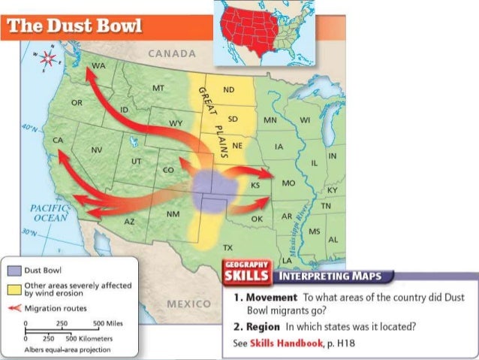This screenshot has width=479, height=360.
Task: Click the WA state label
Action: pyautogui.click(x=98, y=67)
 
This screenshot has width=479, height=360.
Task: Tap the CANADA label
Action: pyautogui.click(x=172, y=54)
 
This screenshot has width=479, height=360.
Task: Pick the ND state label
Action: pyautogui.click(x=229, y=90)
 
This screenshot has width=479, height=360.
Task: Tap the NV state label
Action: pyautogui.click(x=97, y=150)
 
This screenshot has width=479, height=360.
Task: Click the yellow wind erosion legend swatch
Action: pyautogui.click(x=14, y=287)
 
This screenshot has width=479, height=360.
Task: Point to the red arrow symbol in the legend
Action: pyautogui.click(x=14, y=308)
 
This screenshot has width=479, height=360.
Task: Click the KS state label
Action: pyautogui.click(x=255, y=185)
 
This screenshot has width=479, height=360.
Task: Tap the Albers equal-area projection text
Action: pyautogui.click(x=62, y=350)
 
